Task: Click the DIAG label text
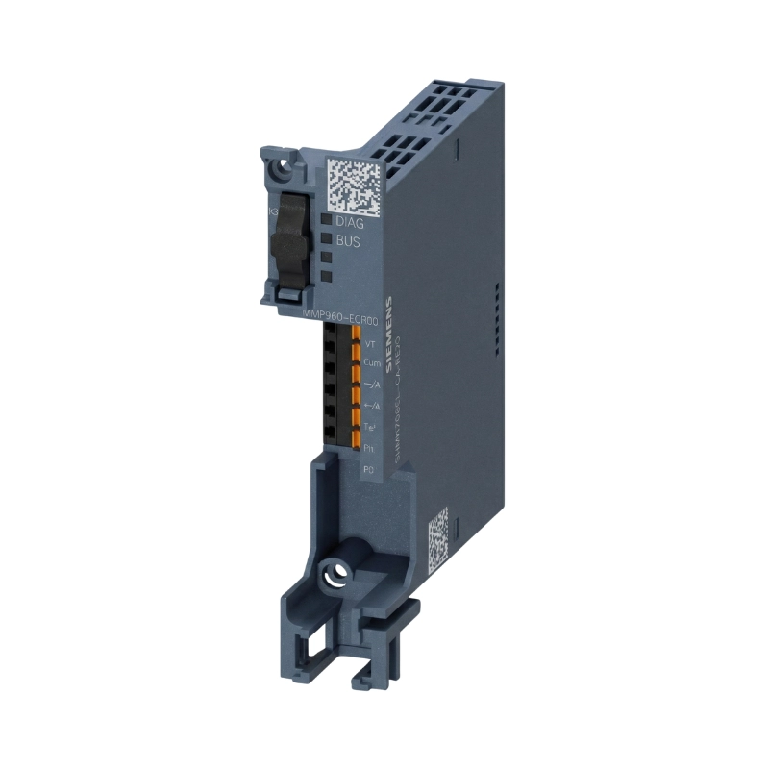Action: point(348,223)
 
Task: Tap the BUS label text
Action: point(347,242)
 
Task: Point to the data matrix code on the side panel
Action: point(437,534)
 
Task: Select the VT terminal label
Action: point(371,343)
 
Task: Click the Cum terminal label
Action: point(371,363)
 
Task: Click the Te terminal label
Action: point(370,426)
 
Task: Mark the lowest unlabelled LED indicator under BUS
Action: point(327,277)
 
